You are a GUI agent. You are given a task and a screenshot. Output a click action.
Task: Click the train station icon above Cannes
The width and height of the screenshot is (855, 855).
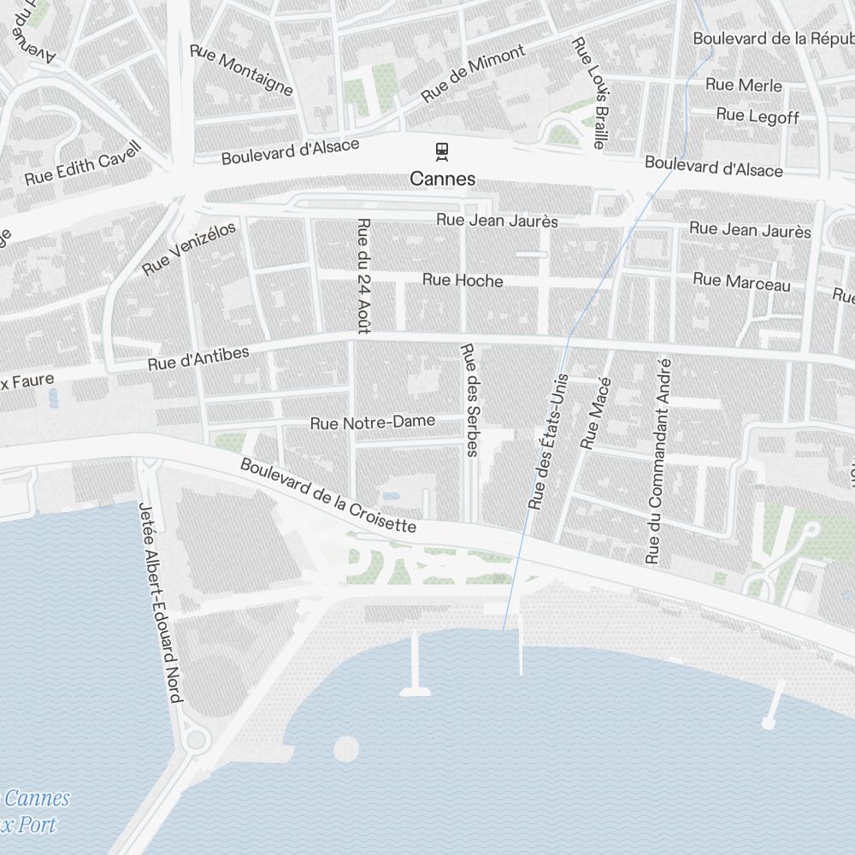(x=442, y=152)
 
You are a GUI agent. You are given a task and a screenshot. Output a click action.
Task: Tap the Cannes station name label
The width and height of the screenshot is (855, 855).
(x=442, y=180)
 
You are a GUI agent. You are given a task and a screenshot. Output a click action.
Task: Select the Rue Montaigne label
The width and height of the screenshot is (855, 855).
(x=242, y=71)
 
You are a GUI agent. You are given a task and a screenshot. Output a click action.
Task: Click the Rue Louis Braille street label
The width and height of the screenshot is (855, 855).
(x=591, y=93)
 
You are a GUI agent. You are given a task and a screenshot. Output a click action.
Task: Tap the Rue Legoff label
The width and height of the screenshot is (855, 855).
(x=757, y=115)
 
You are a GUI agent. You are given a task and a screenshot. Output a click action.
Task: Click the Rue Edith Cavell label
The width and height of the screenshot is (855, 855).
(x=81, y=164)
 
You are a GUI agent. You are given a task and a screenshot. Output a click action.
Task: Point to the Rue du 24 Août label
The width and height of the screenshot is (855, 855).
(x=364, y=276)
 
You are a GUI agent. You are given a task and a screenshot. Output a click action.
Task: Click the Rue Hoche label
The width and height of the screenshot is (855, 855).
(x=463, y=280)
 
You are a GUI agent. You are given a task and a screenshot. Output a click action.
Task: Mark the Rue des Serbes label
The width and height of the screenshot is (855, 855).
(x=469, y=399)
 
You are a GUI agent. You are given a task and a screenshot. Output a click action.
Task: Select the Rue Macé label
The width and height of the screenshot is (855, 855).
(x=595, y=412)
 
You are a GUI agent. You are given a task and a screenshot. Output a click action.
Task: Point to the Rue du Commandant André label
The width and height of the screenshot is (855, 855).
(x=659, y=462)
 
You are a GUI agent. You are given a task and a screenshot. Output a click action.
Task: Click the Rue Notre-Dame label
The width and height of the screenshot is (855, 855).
(x=372, y=422)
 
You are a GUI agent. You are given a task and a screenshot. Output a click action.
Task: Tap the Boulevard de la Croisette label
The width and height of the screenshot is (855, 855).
(x=328, y=496)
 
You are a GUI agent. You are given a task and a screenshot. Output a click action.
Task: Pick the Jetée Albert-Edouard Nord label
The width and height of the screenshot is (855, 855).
(x=160, y=602)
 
